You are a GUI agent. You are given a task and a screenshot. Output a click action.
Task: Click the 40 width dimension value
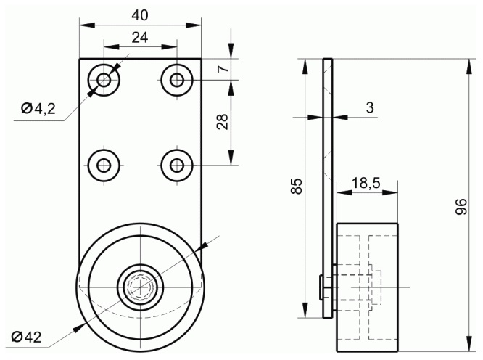pyautogui.click(x=140, y=15)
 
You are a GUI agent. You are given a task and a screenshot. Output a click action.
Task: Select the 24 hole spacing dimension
pyautogui.click(x=140, y=38)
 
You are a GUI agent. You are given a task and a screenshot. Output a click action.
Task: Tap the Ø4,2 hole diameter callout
pyautogui.click(x=38, y=108)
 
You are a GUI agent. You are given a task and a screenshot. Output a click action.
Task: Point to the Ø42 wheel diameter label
pyautogui.click(x=26, y=337)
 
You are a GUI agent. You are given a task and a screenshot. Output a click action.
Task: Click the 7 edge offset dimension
pyautogui.click(x=223, y=69)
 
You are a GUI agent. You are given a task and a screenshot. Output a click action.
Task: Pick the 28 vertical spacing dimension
pyautogui.click(x=223, y=121)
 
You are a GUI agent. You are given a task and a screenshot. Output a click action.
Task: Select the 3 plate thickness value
pyautogui.click(x=370, y=107)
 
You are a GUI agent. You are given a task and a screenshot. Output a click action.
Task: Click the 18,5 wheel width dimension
pyautogui.click(x=366, y=184)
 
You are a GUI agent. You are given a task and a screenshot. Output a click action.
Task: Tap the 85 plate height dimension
pyautogui.click(x=297, y=186)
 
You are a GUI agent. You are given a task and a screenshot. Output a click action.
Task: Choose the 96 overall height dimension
pyautogui.click(x=461, y=207)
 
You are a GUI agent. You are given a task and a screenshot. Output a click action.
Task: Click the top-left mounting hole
pyautogui.click(x=104, y=80)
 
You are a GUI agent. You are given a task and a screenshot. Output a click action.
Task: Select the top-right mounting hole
pyautogui.click(x=177, y=80)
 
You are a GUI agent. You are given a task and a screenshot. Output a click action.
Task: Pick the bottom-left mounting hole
pyautogui.click(x=104, y=165)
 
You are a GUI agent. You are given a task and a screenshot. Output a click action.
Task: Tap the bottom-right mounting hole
pyautogui.click(x=177, y=165)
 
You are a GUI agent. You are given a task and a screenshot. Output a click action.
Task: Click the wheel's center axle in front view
pyautogui.click(x=140, y=287)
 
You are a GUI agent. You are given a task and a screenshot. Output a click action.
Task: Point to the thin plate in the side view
pyautogui.click(x=328, y=188)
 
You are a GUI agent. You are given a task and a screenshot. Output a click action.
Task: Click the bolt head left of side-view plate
pyautogui.click(x=321, y=287)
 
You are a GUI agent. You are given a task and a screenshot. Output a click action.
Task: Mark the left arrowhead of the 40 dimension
pyautogui.click(x=87, y=25)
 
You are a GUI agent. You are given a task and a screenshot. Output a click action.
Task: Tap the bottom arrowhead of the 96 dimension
pyautogui.click(x=469, y=343)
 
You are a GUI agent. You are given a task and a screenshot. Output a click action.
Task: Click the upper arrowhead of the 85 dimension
pyautogui.click(x=305, y=66)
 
